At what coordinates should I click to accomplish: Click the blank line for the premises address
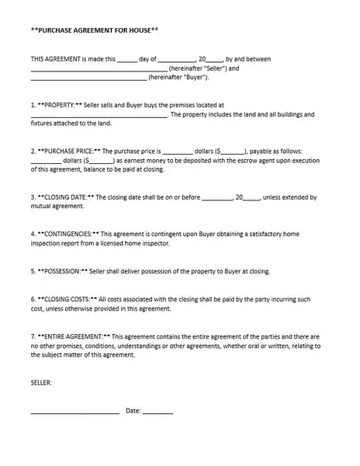click(x=99, y=114)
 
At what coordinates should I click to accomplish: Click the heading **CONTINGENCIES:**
click(x=69, y=233)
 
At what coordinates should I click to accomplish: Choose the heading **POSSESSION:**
click(x=63, y=271)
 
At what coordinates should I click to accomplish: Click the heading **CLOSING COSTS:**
click(x=67, y=298)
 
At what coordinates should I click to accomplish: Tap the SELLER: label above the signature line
click(x=41, y=381)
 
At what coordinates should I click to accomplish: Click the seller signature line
click(x=75, y=412)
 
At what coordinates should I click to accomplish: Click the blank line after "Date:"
click(x=158, y=412)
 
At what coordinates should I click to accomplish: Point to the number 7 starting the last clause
click(x=33, y=336)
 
